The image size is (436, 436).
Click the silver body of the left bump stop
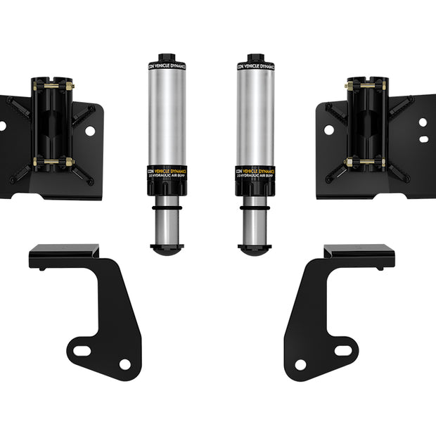(167, 116)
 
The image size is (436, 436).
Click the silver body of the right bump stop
(255, 116)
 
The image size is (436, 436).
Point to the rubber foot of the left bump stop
(167, 248)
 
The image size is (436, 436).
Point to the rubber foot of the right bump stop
(255, 248)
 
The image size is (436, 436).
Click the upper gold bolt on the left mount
(52, 87)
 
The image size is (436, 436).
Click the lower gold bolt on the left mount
(53, 162)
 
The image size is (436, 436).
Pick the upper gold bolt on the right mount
(366, 86)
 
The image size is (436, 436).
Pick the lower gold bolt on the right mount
(366, 162)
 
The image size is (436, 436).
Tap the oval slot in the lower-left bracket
(82, 350)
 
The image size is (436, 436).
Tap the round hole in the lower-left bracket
(125, 364)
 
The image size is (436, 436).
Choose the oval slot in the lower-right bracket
(344, 350)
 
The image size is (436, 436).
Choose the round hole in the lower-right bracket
(300, 365)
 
